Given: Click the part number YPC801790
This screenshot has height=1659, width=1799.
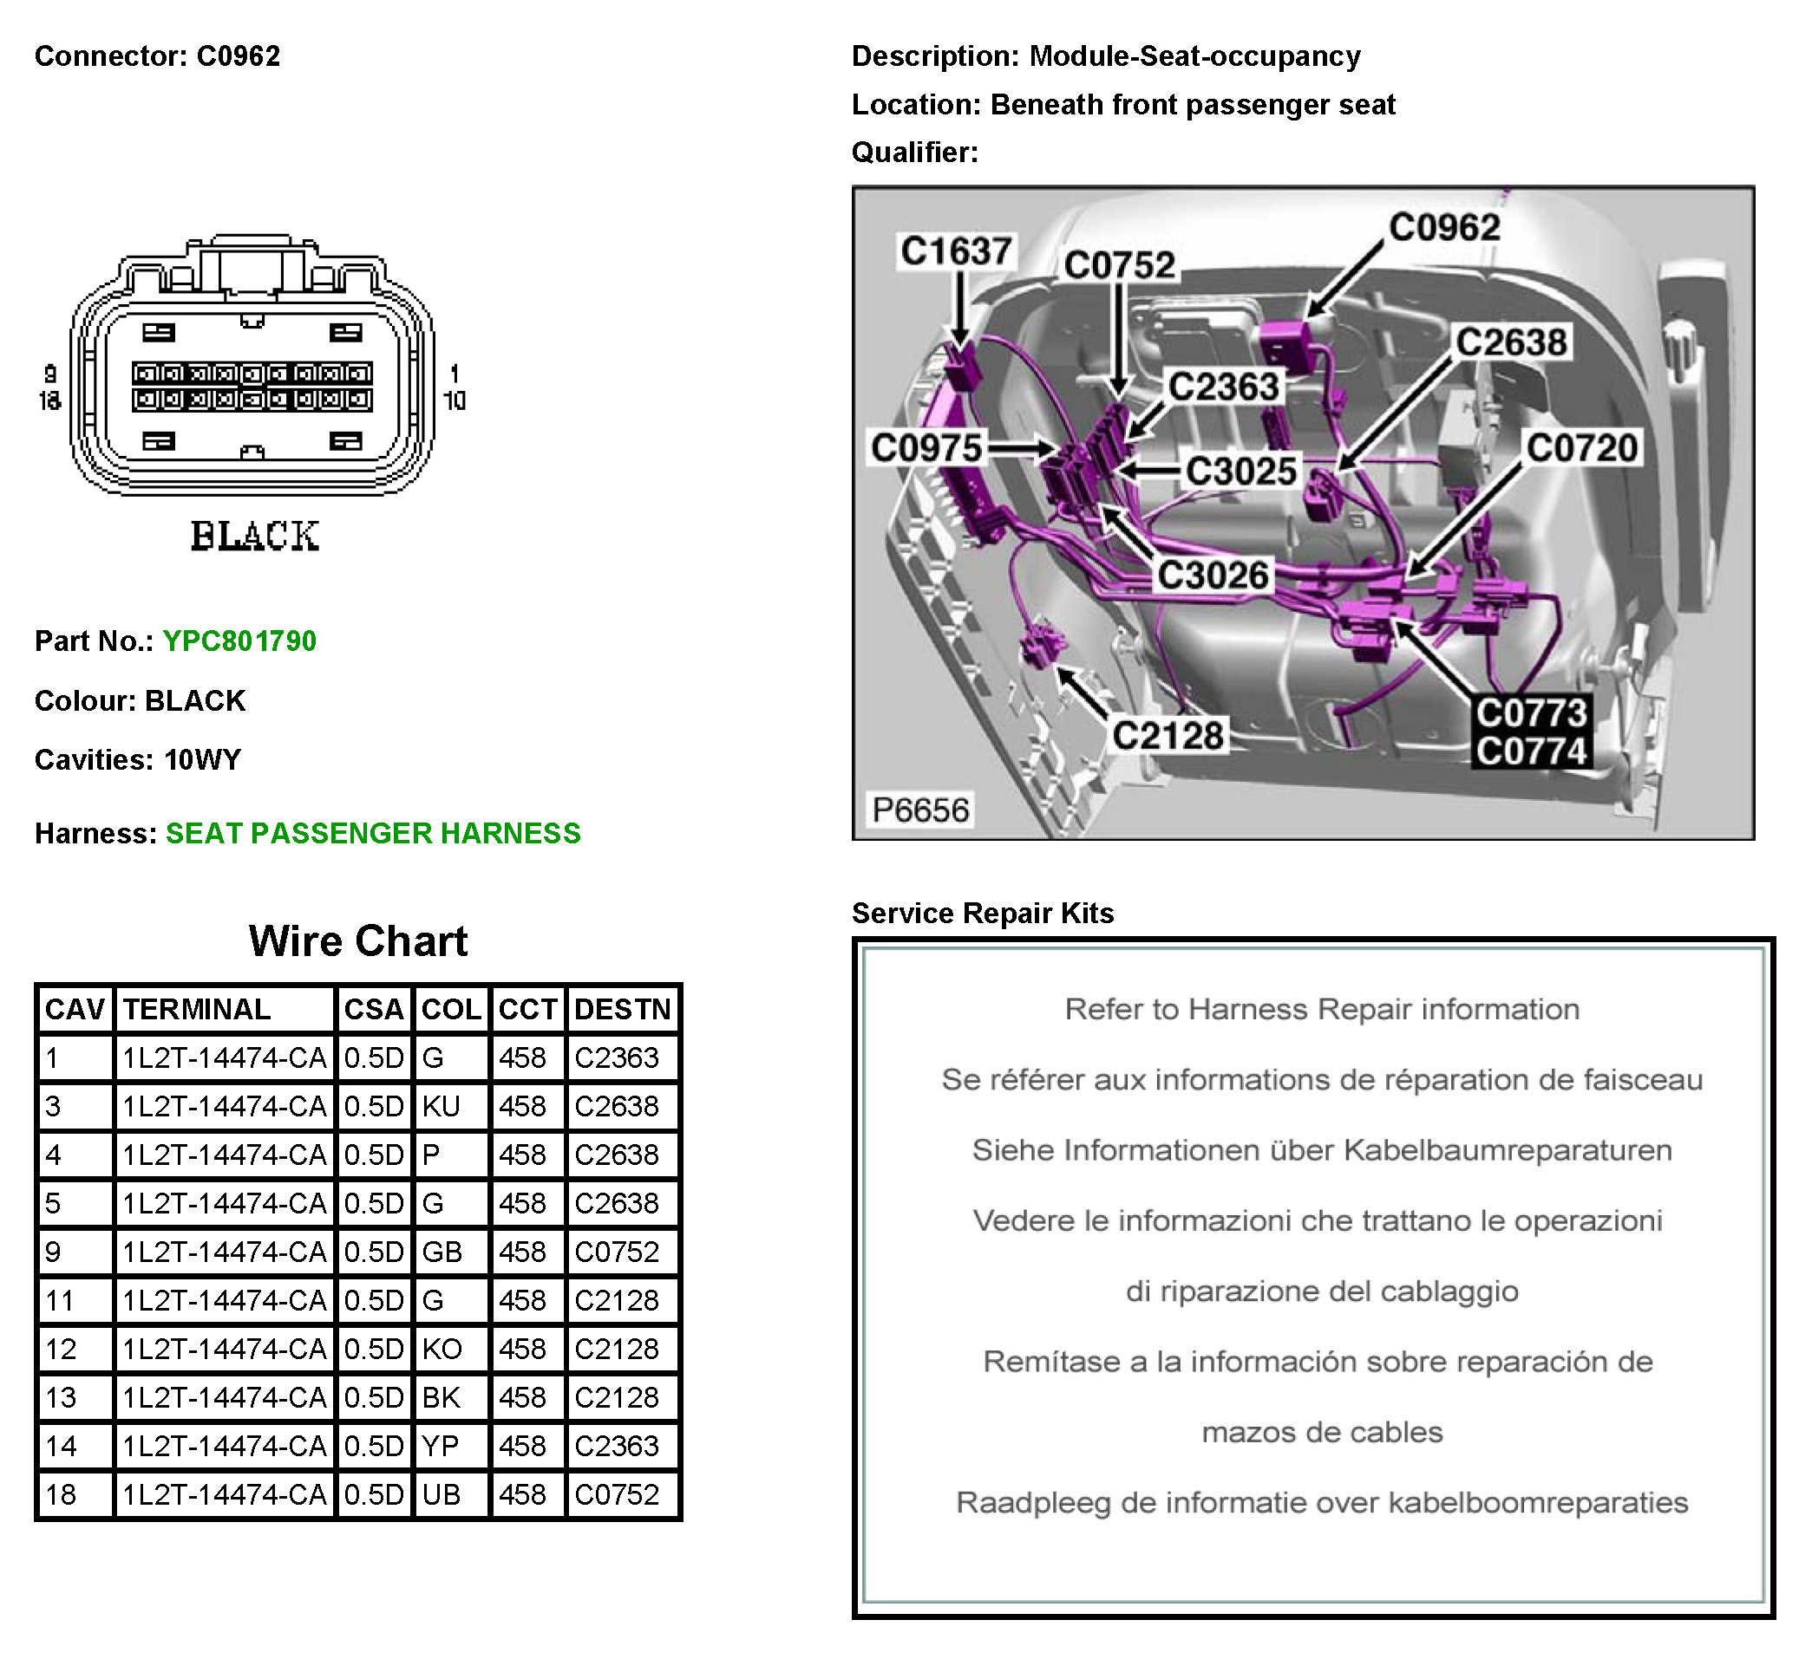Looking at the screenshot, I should coord(239,641).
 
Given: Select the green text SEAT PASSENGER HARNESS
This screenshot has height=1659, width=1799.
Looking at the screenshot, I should coord(373,833).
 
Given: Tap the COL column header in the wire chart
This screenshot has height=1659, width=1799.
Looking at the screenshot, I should coord(451,1009).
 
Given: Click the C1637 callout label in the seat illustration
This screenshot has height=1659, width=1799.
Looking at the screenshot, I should coord(956,250).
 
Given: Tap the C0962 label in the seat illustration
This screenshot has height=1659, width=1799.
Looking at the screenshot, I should coord(1444,227).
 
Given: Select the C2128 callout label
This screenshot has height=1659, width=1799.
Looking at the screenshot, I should coord(1168,735).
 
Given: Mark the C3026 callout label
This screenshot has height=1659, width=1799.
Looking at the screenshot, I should coord(1213,576).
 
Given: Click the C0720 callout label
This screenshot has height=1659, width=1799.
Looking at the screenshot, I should coord(1581,447).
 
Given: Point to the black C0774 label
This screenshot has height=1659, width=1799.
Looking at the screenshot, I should coord(1531,751).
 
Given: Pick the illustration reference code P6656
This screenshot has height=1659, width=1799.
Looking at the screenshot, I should coord(920,810).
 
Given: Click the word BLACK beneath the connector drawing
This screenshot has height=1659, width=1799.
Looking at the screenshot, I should coord(254,536).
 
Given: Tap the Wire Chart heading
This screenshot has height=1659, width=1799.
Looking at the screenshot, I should coord(357,940).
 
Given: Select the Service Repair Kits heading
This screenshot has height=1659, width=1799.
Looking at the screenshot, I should coord(983,913).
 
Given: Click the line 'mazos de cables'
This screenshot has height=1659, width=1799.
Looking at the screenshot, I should coord(1322,1432).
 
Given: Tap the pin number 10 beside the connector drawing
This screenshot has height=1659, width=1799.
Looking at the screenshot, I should coord(455,400).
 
